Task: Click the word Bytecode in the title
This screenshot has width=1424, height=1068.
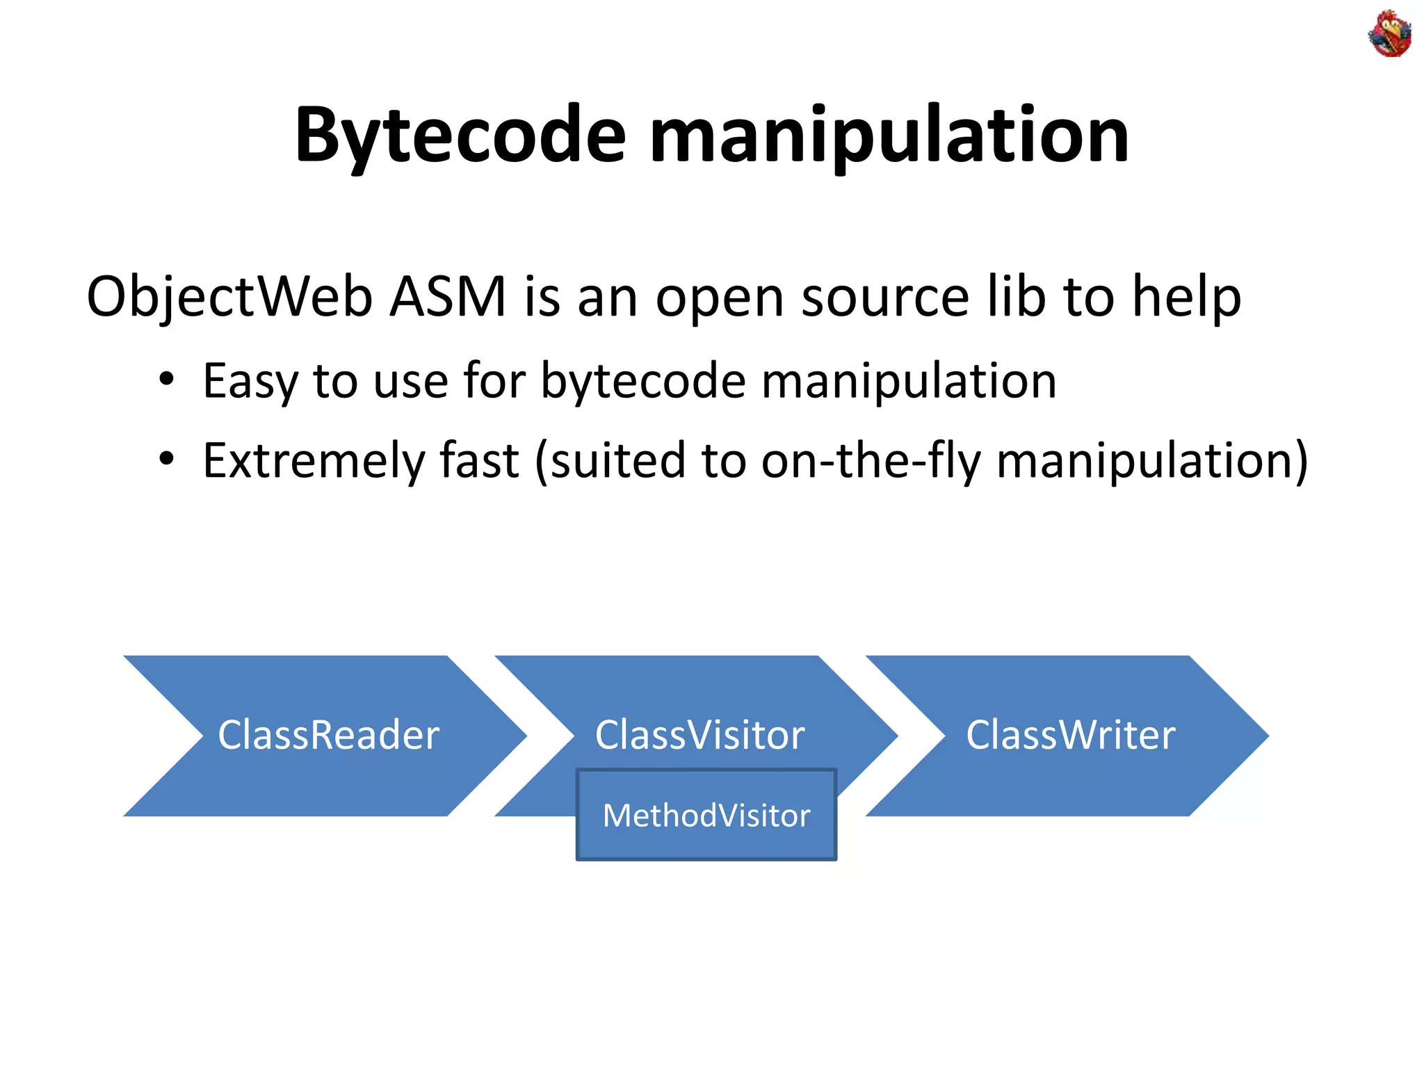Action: tap(460, 136)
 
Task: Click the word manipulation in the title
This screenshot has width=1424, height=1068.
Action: tap(889, 136)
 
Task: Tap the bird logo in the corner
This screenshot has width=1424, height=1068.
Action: tap(1389, 34)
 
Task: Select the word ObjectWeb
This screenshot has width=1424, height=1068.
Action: tap(229, 298)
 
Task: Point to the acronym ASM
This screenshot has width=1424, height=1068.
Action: tap(448, 298)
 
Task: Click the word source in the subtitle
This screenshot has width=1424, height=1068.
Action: tap(884, 298)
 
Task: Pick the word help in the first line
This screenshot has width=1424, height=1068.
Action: tap(1186, 298)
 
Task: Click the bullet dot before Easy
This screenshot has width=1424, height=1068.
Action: tap(166, 380)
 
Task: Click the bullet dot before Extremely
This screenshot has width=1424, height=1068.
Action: tap(166, 459)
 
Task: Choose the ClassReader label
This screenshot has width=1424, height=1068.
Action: tap(328, 735)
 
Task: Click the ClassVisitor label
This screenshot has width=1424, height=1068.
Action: tap(699, 735)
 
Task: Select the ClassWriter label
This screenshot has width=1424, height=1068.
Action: tap(1071, 735)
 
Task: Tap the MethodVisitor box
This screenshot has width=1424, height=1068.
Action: tap(706, 816)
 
